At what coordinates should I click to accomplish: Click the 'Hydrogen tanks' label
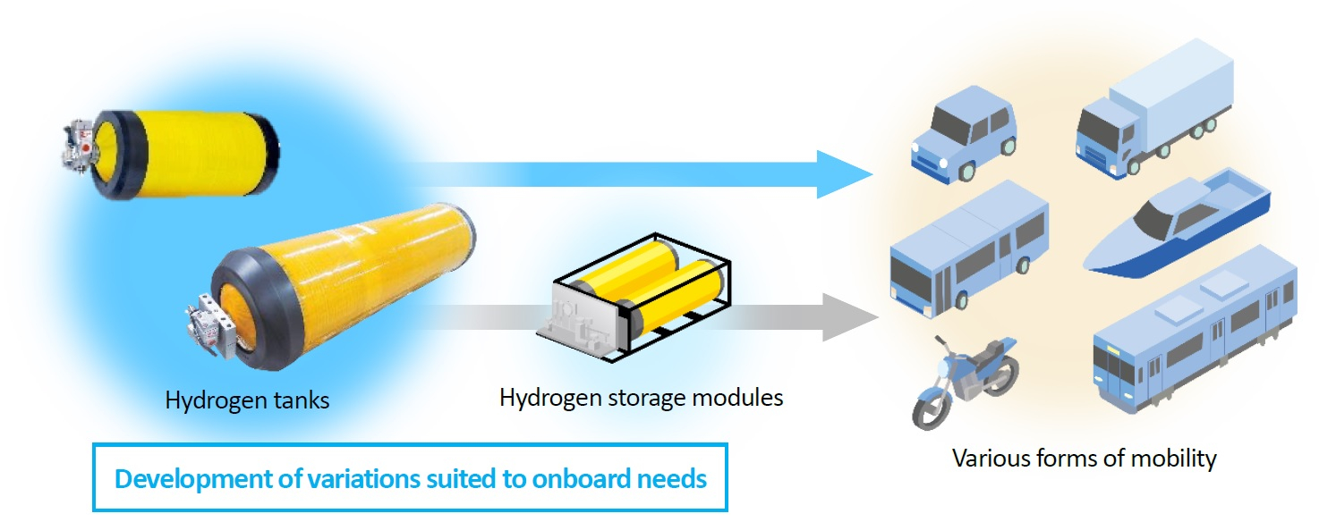pyautogui.click(x=247, y=400)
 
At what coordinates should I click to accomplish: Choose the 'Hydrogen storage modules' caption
pyautogui.click(x=641, y=396)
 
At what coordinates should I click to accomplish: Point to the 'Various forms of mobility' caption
pyautogui.click(x=1084, y=459)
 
